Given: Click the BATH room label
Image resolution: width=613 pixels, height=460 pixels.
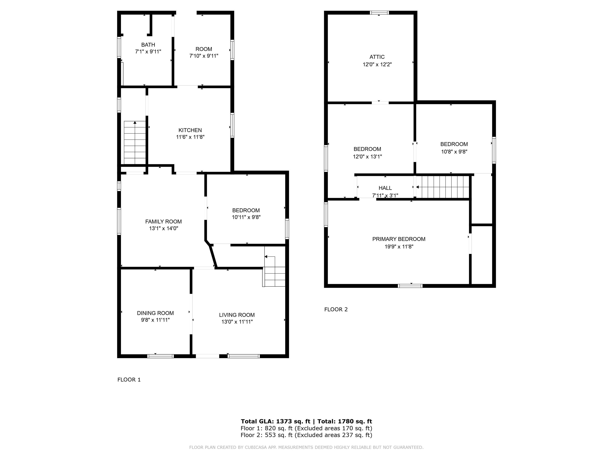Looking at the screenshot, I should pos(148,45).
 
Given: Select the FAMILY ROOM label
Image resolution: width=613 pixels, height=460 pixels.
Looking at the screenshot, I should pos(163,222).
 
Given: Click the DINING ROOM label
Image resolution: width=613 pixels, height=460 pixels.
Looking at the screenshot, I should pos(155,313).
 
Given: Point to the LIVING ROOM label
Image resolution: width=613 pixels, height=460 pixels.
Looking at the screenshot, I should pos(237,315).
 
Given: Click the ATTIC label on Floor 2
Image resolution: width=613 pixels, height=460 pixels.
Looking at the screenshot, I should pos(377,57).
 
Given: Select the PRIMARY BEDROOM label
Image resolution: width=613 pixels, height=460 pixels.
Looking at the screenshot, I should pos(398,239).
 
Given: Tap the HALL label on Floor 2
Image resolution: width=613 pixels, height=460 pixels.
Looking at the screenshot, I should pos(385,188).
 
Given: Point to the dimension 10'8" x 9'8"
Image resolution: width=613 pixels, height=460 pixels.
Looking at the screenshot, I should pos(454,152).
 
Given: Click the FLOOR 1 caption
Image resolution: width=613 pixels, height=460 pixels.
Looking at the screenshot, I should pos(129,380).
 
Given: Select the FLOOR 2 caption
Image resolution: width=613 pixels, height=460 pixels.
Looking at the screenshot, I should pos(336,309).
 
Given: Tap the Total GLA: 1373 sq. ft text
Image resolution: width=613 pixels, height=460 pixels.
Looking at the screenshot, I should pos(275,421).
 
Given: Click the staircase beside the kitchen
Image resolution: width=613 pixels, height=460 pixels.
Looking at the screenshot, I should pos(135,143).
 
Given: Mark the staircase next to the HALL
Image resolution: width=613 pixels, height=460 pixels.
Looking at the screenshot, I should pos(443,187).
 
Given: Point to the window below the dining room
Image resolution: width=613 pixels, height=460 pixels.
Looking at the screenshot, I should pos(160,356).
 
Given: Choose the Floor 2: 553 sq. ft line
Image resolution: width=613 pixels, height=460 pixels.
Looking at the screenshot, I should pos(306,435).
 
